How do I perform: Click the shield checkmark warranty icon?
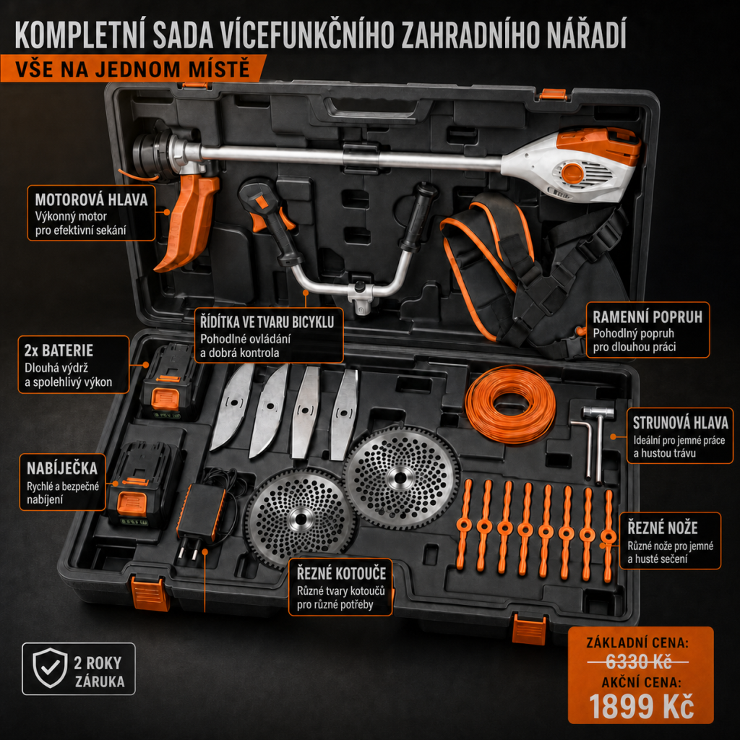click(x=50, y=668)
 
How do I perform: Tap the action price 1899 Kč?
click(x=642, y=706)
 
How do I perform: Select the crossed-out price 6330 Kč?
click(x=638, y=662)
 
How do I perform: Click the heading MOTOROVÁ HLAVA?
click(x=91, y=199)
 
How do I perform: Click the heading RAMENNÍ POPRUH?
click(x=647, y=317)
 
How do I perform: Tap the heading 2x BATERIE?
click(x=59, y=350)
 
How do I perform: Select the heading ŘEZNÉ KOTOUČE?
click(x=341, y=573)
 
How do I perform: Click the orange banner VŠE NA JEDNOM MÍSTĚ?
click(x=133, y=69)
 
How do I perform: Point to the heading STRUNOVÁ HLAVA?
click(x=680, y=422)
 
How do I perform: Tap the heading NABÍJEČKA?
click(x=62, y=468)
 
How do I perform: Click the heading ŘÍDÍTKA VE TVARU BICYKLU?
click(x=267, y=322)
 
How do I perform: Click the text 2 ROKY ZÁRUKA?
click(x=99, y=672)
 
